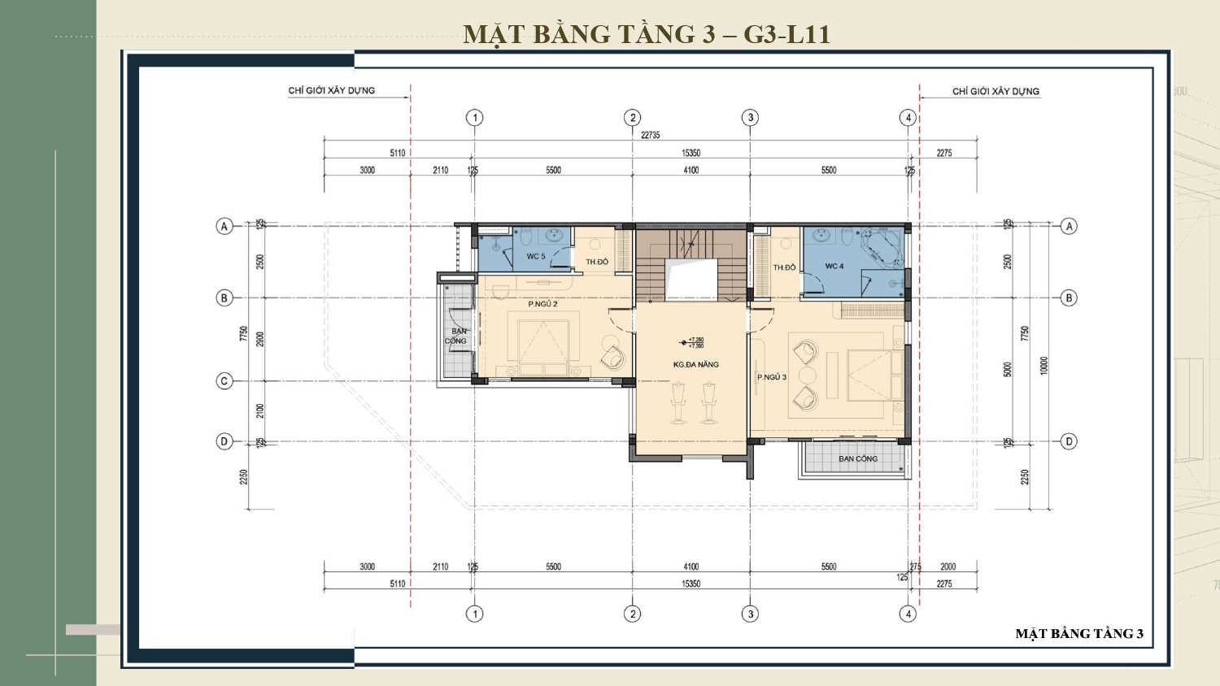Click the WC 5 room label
point(535,256)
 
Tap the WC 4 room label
point(834,266)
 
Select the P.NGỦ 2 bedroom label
point(542,304)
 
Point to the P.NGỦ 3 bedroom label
point(772,377)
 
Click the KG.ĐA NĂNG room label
point(695,365)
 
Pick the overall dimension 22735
point(650,135)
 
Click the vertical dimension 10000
point(1044,366)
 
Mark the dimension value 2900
point(260,339)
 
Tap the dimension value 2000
point(948,567)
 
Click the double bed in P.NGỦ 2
point(538,341)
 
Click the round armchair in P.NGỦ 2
point(612,356)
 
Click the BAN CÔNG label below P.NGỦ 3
point(858,458)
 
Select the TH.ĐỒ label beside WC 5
point(597,262)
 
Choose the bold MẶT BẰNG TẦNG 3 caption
point(1079,634)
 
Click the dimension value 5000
point(1008,369)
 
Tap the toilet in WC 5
point(526,237)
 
